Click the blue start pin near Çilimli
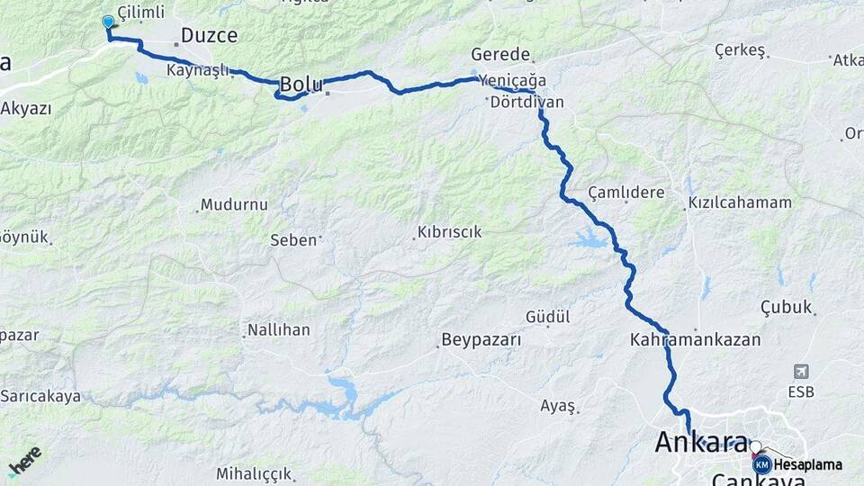point(108,22)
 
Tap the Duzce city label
point(209,36)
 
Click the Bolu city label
point(301,84)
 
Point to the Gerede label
point(500,55)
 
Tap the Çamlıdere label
point(625,193)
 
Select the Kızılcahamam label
point(740,202)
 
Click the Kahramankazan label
point(696,340)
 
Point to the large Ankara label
point(701,443)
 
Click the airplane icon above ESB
point(801,372)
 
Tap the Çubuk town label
point(787,307)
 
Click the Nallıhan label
point(280,330)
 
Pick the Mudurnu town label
point(234,205)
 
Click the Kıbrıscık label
point(449,232)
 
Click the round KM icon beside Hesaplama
point(762,465)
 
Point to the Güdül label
point(548,317)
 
